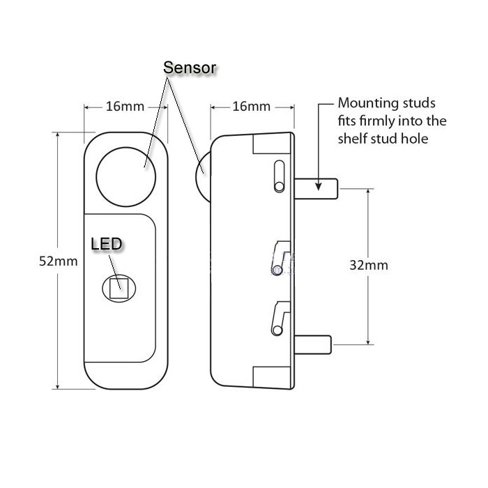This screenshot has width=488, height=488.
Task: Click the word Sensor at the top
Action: pos(190,68)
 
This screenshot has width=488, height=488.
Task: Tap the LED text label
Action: pos(107,244)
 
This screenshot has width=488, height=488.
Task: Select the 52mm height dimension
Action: pos(54,260)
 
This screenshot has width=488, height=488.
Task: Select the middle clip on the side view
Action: pos(280,254)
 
